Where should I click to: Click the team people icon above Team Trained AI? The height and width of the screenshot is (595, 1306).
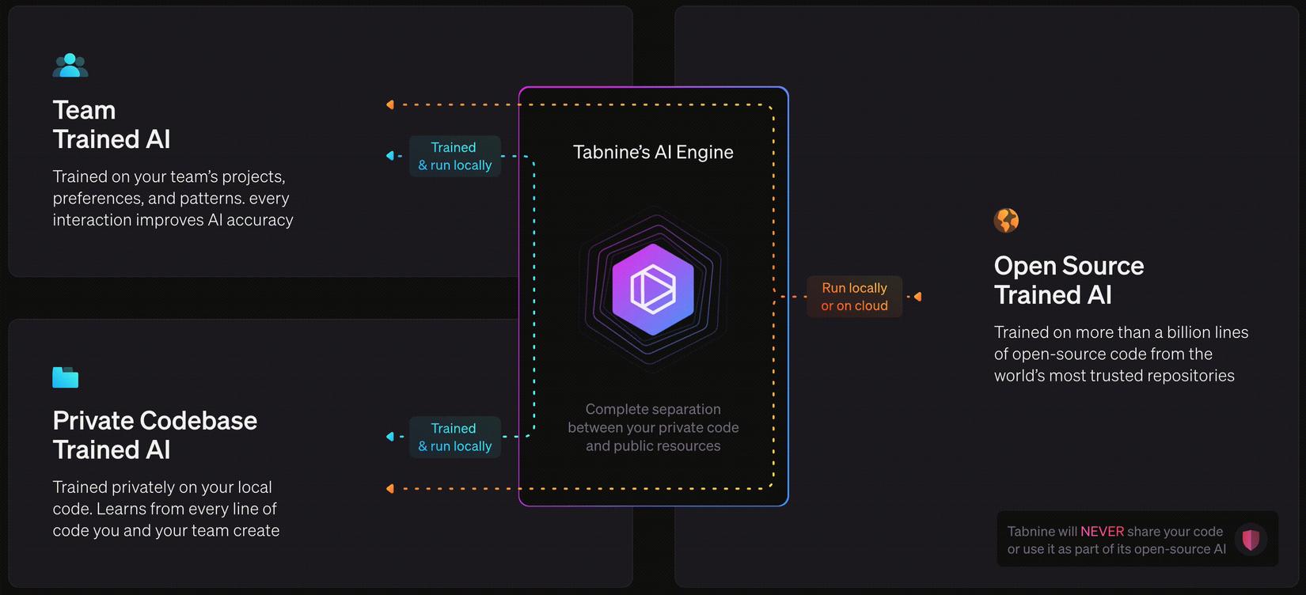click(70, 66)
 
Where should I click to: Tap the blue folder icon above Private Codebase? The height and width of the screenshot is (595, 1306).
click(65, 377)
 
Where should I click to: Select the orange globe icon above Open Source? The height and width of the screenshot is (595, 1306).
click(1006, 220)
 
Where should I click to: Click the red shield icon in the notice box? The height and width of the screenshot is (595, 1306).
click(1251, 540)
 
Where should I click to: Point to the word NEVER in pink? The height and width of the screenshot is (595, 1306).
click(1102, 532)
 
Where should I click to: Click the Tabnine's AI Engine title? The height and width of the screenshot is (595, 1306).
click(653, 152)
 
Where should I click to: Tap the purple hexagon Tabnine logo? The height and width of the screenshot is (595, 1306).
click(653, 290)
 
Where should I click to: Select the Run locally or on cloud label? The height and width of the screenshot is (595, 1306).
click(854, 297)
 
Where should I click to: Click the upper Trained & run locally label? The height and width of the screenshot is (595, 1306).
click(454, 156)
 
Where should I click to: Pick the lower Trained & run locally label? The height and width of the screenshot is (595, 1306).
click(454, 437)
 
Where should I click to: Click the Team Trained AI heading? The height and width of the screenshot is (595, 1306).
click(111, 124)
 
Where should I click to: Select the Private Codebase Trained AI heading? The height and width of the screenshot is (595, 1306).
click(154, 434)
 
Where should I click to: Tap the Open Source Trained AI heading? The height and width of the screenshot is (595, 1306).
click(1068, 280)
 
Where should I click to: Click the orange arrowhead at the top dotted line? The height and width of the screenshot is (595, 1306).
click(389, 104)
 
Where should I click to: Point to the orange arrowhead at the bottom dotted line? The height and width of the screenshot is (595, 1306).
click(389, 488)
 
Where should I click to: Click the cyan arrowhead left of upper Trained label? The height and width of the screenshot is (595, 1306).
click(389, 156)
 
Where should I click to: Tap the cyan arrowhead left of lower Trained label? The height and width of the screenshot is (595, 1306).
click(389, 437)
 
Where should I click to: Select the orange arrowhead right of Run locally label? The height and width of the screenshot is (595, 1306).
click(917, 297)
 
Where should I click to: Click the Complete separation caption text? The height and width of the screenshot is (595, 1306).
click(653, 427)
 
